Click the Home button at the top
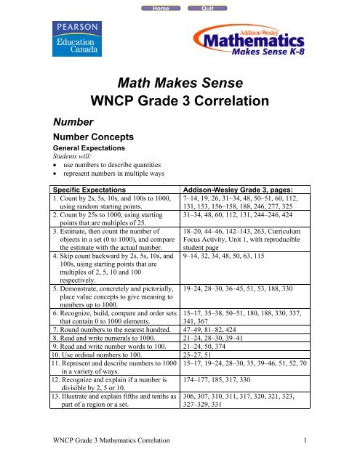[x=152, y=7]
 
